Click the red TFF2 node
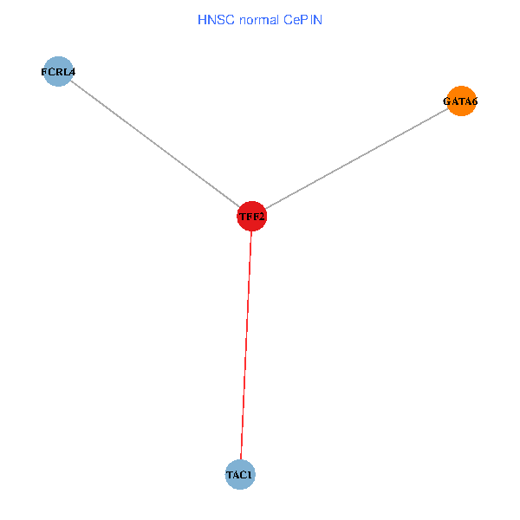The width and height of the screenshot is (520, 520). click(251, 216)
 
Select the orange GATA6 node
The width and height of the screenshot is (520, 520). click(461, 101)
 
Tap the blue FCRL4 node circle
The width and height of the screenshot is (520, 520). click(58, 72)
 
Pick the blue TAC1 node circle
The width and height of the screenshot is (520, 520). click(240, 475)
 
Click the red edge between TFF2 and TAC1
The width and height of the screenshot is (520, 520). click(246, 347)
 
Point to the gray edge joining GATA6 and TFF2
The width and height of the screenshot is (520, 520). click(355, 159)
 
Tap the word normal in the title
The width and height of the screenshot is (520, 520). click(257, 18)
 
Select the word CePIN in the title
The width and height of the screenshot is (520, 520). click(302, 18)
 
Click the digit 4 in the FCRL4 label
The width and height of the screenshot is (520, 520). click(72, 72)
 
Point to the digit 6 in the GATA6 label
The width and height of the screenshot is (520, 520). click(474, 101)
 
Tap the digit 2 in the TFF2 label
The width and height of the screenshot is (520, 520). click(261, 216)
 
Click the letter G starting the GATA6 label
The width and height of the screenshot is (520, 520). click(447, 101)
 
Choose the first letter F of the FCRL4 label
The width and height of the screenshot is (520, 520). click(44, 72)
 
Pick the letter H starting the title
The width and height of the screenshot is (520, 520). click(203, 18)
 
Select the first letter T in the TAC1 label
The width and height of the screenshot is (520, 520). click(230, 475)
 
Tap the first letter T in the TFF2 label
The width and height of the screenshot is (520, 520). click(242, 216)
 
